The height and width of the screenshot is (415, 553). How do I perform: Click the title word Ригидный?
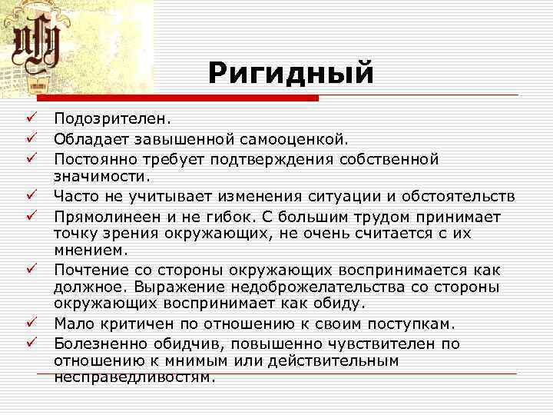[x=290, y=75]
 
